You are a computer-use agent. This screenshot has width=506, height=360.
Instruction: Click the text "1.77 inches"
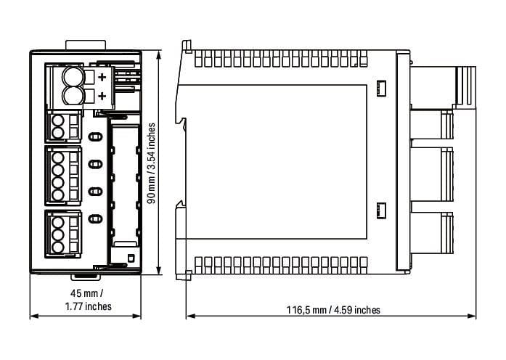point(88,306)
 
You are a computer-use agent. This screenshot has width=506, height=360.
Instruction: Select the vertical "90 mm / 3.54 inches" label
point(151,163)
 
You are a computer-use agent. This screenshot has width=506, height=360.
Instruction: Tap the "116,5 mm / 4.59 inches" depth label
point(333,310)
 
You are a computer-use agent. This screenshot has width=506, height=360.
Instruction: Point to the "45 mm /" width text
point(87,293)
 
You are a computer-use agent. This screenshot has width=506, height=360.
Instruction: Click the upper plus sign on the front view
point(102,77)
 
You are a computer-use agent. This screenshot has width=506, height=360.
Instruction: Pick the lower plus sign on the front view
point(102,96)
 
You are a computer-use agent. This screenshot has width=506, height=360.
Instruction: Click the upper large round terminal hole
point(73,77)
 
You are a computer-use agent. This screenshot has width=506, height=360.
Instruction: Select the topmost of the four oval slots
point(95,136)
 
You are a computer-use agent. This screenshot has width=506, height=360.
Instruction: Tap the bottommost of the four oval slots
point(95,219)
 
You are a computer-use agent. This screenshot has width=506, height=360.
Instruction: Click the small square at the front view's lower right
point(131,258)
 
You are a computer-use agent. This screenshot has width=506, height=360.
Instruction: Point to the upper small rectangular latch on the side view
point(381,88)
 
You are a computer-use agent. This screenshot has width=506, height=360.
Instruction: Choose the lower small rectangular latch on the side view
point(381,211)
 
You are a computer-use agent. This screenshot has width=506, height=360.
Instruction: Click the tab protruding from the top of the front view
point(86,45)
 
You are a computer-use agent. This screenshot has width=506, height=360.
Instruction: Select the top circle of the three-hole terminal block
point(58,222)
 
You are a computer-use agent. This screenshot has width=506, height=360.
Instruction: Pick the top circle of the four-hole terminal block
point(58,157)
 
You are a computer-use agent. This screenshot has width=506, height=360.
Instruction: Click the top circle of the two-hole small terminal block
point(58,121)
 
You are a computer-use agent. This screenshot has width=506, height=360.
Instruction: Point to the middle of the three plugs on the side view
point(432,175)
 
